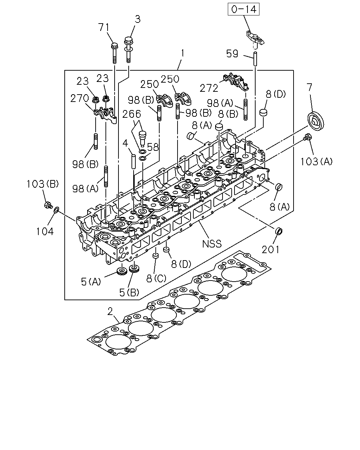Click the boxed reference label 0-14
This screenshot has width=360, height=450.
244,9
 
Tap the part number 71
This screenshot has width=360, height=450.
104,27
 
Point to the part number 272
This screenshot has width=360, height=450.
209,88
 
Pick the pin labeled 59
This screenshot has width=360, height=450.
255,59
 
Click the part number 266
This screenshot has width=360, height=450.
132,114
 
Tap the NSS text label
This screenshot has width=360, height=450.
212,244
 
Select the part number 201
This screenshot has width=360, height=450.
270,250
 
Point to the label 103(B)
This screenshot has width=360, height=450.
43,184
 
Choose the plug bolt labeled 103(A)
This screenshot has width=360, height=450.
307,137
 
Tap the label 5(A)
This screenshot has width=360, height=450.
91,282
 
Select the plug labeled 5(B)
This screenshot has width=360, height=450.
134,269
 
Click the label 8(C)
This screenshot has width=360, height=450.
156,278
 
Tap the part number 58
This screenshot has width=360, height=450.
153,147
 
